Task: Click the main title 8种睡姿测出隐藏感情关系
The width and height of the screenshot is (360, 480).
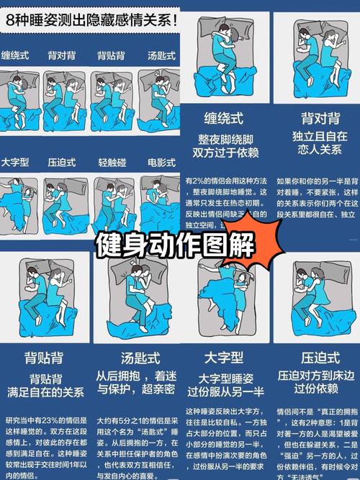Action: (x=90, y=20)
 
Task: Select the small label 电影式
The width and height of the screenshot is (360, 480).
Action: (x=161, y=162)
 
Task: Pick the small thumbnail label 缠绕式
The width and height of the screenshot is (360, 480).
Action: (x=16, y=55)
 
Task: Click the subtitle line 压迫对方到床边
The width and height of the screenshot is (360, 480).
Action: (x=318, y=375)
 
